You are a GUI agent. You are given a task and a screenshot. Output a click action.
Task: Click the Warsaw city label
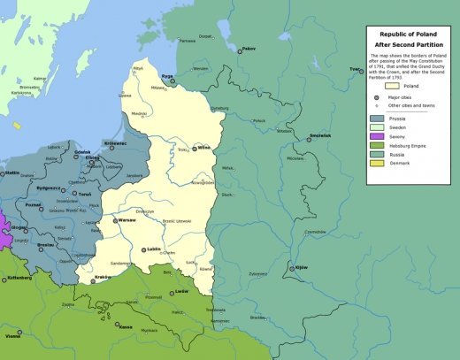point(127,219)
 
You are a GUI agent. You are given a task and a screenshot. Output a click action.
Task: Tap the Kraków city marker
point(92,281)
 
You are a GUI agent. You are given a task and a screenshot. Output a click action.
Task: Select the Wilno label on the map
point(204,147)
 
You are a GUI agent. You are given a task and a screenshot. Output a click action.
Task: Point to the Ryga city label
point(165,76)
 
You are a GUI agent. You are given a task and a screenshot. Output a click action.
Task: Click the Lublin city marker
point(143,250)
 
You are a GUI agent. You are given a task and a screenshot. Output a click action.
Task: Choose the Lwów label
point(181,291)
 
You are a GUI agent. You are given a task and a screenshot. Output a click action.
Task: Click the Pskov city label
point(249,48)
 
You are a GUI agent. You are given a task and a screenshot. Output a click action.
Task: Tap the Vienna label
point(12,336)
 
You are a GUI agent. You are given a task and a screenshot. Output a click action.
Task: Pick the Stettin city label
point(12,173)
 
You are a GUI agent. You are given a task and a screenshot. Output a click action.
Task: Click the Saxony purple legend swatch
point(377,136)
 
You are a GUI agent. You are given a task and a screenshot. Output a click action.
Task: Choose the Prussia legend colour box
point(377,118)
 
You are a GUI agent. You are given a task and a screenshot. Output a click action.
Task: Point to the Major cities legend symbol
point(377,96)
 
